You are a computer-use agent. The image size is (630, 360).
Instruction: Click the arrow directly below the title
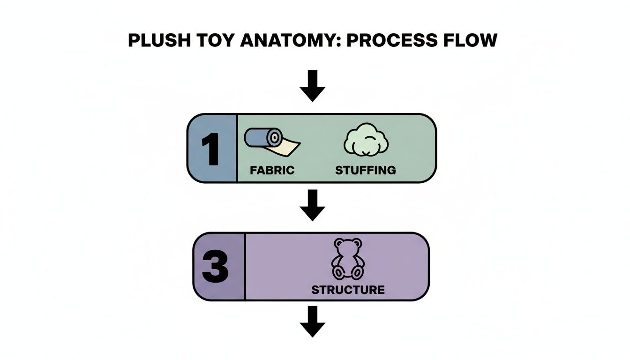[313, 85]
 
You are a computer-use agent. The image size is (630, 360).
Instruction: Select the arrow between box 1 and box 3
[313, 205]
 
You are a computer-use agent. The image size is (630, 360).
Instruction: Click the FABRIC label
[272, 170]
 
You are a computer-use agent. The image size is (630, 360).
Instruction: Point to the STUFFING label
[365, 170]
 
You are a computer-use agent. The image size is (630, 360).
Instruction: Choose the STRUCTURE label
[348, 290]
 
